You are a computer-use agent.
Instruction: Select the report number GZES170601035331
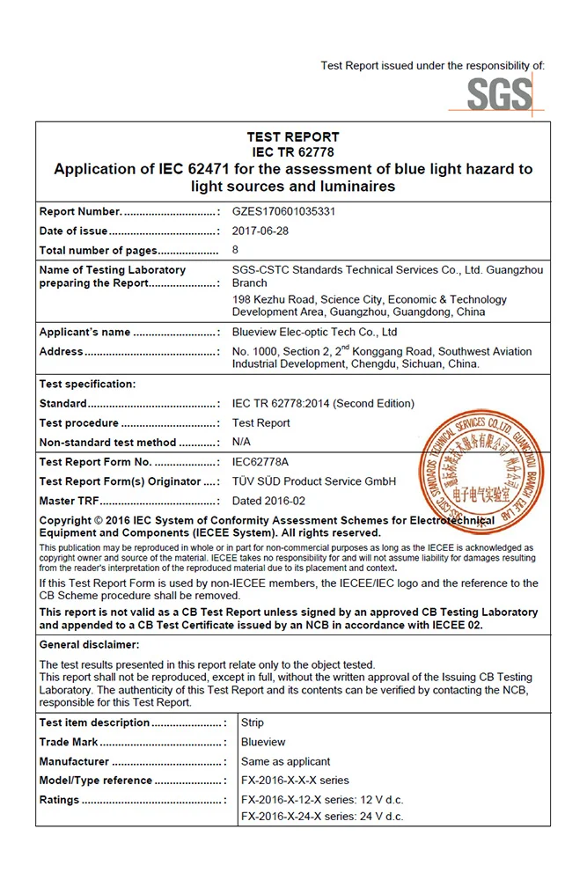(283, 212)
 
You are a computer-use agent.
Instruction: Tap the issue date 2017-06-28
(260, 231)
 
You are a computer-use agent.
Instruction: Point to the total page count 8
(236, 251)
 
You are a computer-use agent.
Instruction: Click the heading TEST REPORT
(293, 137)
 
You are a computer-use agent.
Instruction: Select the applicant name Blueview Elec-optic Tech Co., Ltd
(314, 333)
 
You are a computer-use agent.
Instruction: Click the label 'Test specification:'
(87, 385)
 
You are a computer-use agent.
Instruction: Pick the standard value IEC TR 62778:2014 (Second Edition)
(323, 404)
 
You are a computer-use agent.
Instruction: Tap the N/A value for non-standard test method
(241, 443)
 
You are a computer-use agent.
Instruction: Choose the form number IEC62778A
(260, 462)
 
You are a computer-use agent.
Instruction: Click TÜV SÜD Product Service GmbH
(314, 481)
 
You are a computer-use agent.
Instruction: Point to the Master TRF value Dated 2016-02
(268, 501)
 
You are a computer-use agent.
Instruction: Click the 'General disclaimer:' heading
(90, 645)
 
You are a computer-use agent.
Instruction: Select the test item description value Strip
(253, 722)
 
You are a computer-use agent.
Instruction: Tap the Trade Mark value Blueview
(263, 742)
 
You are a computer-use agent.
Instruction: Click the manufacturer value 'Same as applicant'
(286, 761)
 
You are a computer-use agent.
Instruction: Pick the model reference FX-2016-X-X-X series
(295, 781)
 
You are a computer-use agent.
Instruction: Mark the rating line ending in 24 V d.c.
(322, 817)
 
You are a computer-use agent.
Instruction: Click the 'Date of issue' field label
(74, 231)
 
